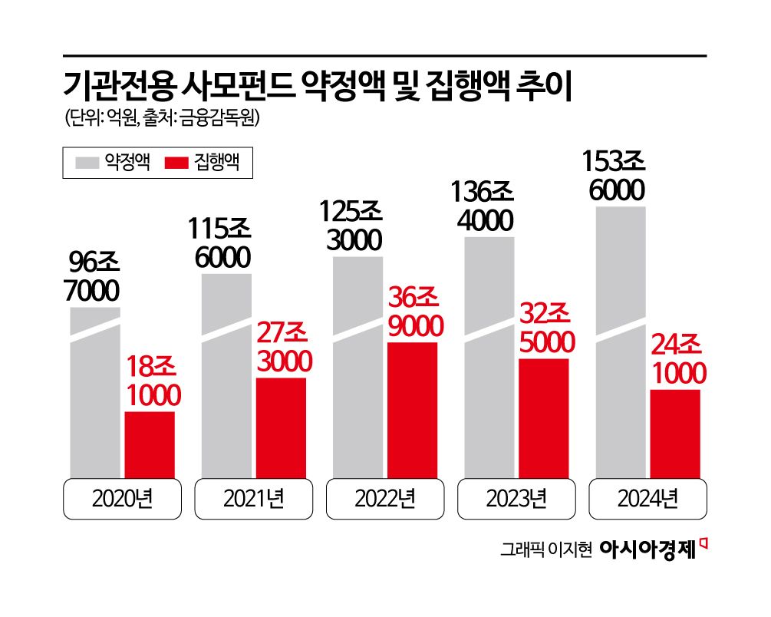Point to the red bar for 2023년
point(544,418)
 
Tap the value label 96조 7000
point(94,278)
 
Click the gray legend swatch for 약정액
point(87,163)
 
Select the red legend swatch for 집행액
point(177,163)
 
